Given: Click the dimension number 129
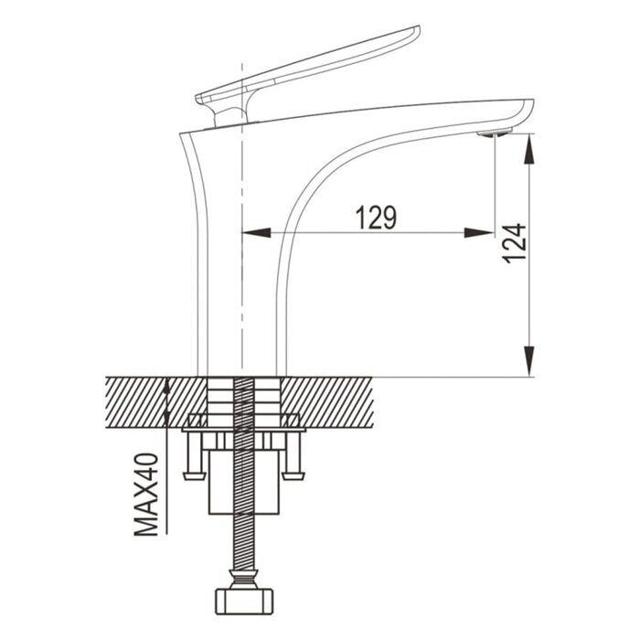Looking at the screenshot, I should pyautogui.click(x=376, y=217).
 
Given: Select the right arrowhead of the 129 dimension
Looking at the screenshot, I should pyautogui.click(x=479, y=232).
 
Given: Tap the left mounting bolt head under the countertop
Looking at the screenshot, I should pyautogui.click(x=193, y=473).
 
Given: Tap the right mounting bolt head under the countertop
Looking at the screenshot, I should pyautogui.click(x=293, y=473).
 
